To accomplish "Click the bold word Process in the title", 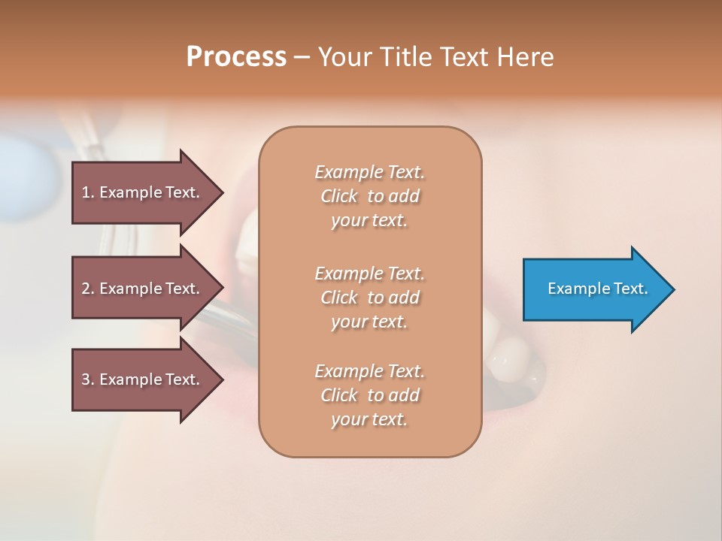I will click(236, 57).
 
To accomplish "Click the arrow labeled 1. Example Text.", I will click(141, 192).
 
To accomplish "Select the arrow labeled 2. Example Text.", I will click(141, 289).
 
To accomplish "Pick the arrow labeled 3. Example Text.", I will click(141, 379).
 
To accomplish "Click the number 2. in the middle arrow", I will click(88, 289).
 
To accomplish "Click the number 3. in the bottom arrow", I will click(88, 379).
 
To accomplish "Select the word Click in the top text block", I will click(339, 196).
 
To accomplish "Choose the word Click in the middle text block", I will click(339, 298).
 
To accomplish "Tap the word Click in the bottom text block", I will click(339, 395).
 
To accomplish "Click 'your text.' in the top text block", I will click(369, 221).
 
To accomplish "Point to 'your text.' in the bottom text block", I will click(369, 420).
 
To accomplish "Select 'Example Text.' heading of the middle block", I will click(369, 273).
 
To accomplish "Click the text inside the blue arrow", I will click(597, 289).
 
